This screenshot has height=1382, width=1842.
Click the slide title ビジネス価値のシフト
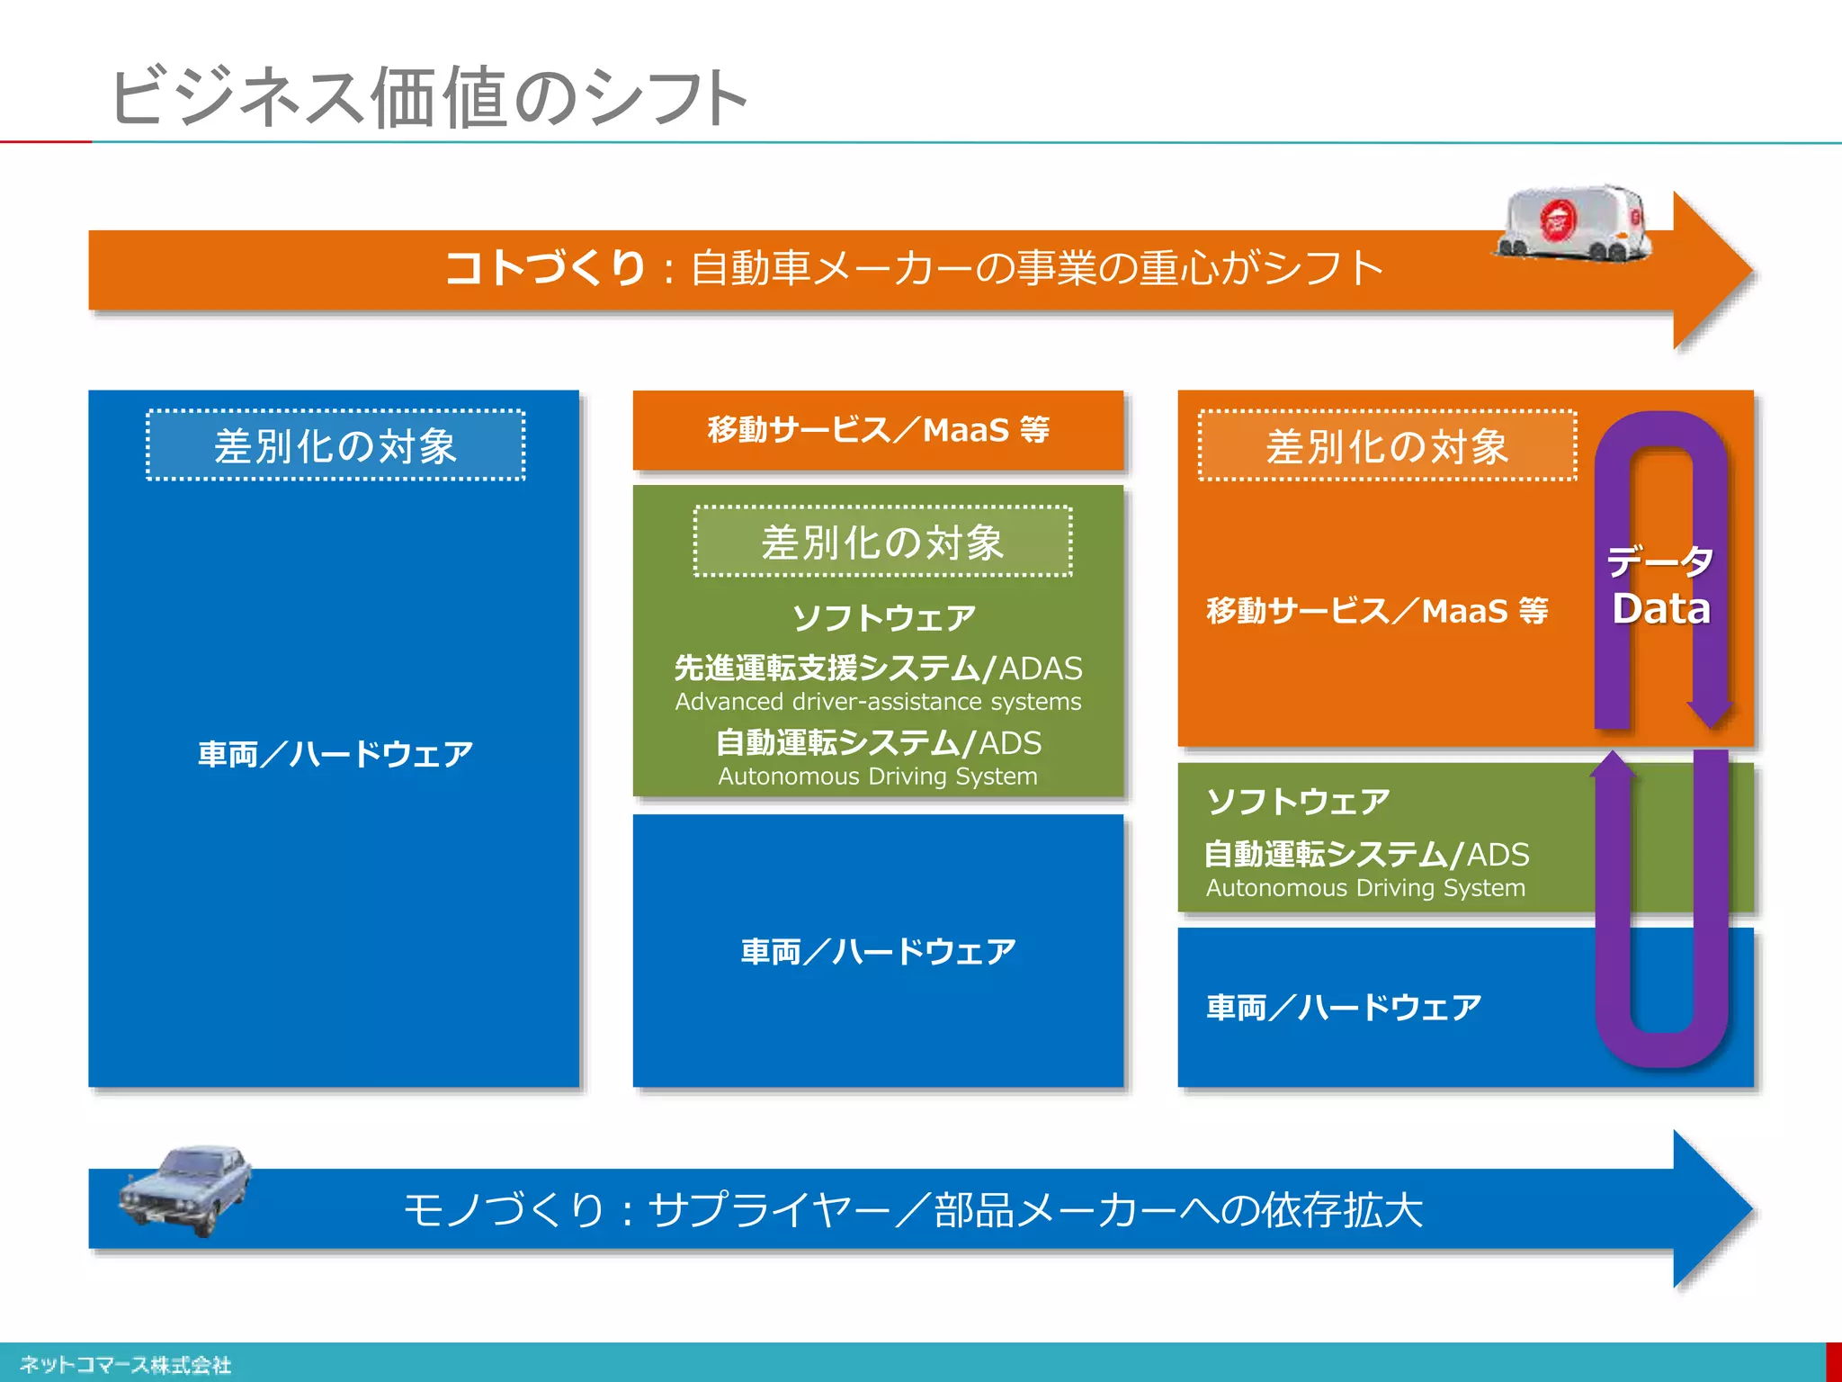[x=428, y=97]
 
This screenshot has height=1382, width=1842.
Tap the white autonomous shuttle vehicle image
[x=1574, y=224]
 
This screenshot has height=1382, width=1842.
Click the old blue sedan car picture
[x=186, y=1189]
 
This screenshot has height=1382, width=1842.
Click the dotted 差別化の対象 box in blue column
[x=335, y=446]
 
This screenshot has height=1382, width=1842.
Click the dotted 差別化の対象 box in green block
[x=882, y=543]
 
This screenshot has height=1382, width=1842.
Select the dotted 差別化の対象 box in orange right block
[x=1387, y=446]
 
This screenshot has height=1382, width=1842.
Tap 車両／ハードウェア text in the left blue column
[x=335, y=754]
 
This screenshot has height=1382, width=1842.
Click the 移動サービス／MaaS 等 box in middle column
[x=878, y=430]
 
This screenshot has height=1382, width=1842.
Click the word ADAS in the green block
[x=1041, y=669]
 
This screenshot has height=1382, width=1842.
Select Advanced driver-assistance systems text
[x=878, y=702]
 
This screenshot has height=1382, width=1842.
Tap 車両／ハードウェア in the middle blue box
[x=878, y=951]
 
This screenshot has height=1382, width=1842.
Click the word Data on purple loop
[x=1660, y=609]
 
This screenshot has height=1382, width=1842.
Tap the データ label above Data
[x=1660, y=561]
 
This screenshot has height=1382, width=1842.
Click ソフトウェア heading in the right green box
[x=1298, y=801]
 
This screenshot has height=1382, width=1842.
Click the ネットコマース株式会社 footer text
[x=125, y=1365]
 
